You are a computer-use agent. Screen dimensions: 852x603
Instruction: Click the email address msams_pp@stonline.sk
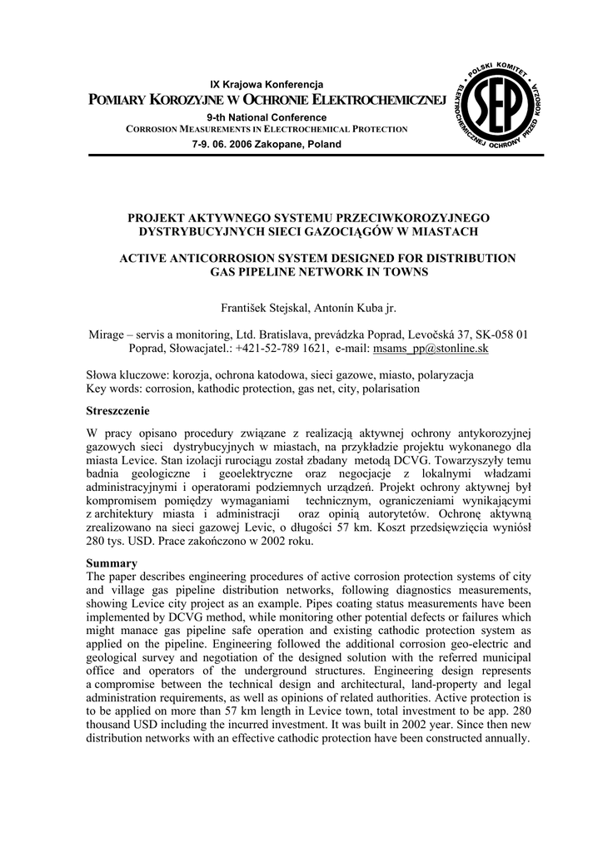pyautogui.click(x=431, y=349)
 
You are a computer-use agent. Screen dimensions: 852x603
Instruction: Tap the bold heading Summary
pyautogui.click(x=112, y=563)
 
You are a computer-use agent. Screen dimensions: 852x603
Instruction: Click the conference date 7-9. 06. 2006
pyautogui.click(x=224, y=144)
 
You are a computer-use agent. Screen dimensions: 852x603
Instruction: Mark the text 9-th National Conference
pyautogui.click(x=267, y=117)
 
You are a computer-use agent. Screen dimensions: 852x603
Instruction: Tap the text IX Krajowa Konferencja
pyautogui.click(x=267, y=85)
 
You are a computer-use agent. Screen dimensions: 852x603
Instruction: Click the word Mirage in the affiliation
pyautogui.click(x=109, y=334)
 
